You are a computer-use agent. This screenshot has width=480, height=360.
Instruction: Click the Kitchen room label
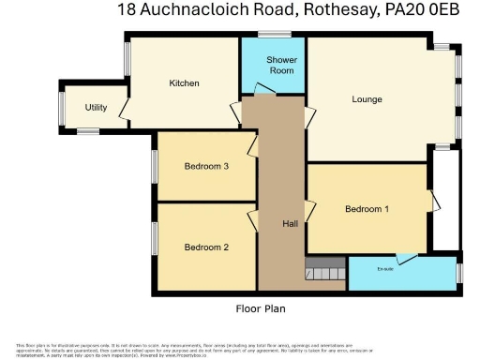184,84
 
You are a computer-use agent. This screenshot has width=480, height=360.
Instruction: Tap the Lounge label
367,99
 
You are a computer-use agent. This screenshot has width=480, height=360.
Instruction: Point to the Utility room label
96,108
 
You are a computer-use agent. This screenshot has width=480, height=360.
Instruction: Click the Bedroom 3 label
206,167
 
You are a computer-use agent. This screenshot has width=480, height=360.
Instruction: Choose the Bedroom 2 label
206,247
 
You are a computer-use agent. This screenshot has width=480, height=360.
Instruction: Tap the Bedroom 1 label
367,209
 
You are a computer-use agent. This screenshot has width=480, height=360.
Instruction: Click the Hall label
290,224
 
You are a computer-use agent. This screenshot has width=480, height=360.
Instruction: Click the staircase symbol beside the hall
324,269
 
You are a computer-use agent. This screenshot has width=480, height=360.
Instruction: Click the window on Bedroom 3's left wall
155,166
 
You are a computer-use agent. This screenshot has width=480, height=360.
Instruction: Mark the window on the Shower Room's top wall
275,36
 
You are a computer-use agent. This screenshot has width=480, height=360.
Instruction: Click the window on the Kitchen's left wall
127,61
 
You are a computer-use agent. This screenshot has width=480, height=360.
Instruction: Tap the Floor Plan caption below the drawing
261,308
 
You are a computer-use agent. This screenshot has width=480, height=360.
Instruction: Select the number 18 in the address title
127,12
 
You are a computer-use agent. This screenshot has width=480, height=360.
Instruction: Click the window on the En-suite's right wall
460,272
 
